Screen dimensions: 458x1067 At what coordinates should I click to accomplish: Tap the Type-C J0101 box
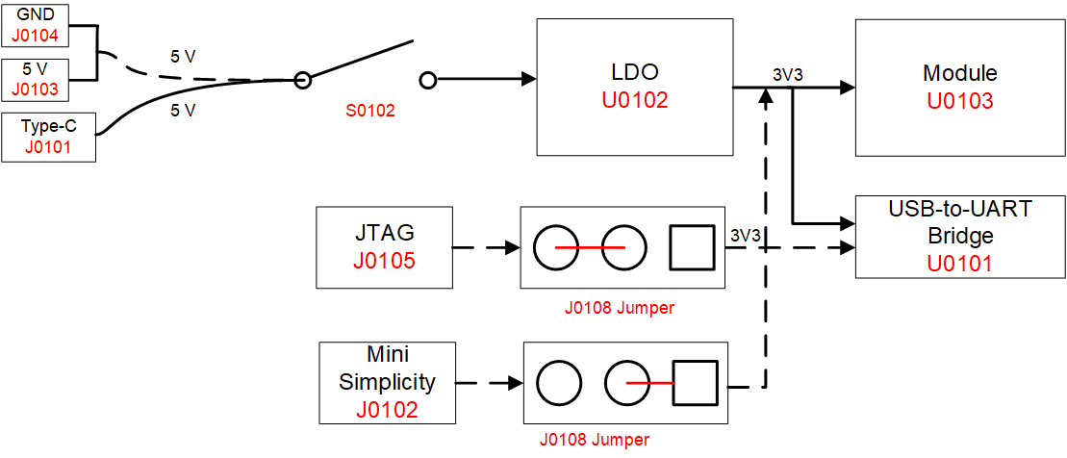coord(49,138)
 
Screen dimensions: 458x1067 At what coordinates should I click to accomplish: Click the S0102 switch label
coord(370,111)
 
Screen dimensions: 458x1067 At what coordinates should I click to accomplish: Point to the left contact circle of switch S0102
coord(302,81)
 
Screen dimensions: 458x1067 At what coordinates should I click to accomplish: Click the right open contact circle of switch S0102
coord(429,81)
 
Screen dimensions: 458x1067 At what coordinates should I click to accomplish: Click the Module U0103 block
coord(959,88)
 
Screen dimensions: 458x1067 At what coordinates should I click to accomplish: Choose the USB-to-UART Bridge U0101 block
coord(959,237)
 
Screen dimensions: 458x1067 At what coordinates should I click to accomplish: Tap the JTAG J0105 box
coord(384,247)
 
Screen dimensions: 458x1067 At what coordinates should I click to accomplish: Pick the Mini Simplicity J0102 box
coord(386,382)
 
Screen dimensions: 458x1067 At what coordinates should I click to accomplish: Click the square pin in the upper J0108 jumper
coord(692,247)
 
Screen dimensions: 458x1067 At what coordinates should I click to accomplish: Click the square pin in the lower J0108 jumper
coord(696,383)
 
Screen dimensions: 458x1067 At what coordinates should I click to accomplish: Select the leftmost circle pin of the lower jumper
coord(560,383)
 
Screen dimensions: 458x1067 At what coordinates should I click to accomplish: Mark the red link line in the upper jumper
coord(589,247)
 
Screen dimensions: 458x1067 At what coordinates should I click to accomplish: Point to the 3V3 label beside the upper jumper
coord(747,235)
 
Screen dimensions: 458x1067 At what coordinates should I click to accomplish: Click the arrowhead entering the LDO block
coord(528,81)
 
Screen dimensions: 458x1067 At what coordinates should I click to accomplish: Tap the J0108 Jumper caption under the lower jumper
coord(594,440)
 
